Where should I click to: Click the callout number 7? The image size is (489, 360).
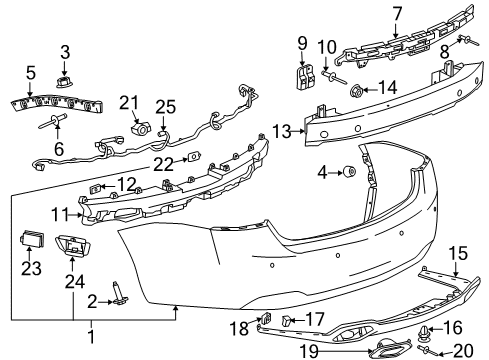point(397,13)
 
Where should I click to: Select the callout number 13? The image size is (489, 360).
point(282,130)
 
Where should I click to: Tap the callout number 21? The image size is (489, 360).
point(127,102)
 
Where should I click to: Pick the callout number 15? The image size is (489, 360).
point(456,253)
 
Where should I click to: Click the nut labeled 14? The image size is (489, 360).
point(356,92)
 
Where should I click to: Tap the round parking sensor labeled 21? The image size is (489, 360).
point(141,129)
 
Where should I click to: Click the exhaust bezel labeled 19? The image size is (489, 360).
point(374,349)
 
